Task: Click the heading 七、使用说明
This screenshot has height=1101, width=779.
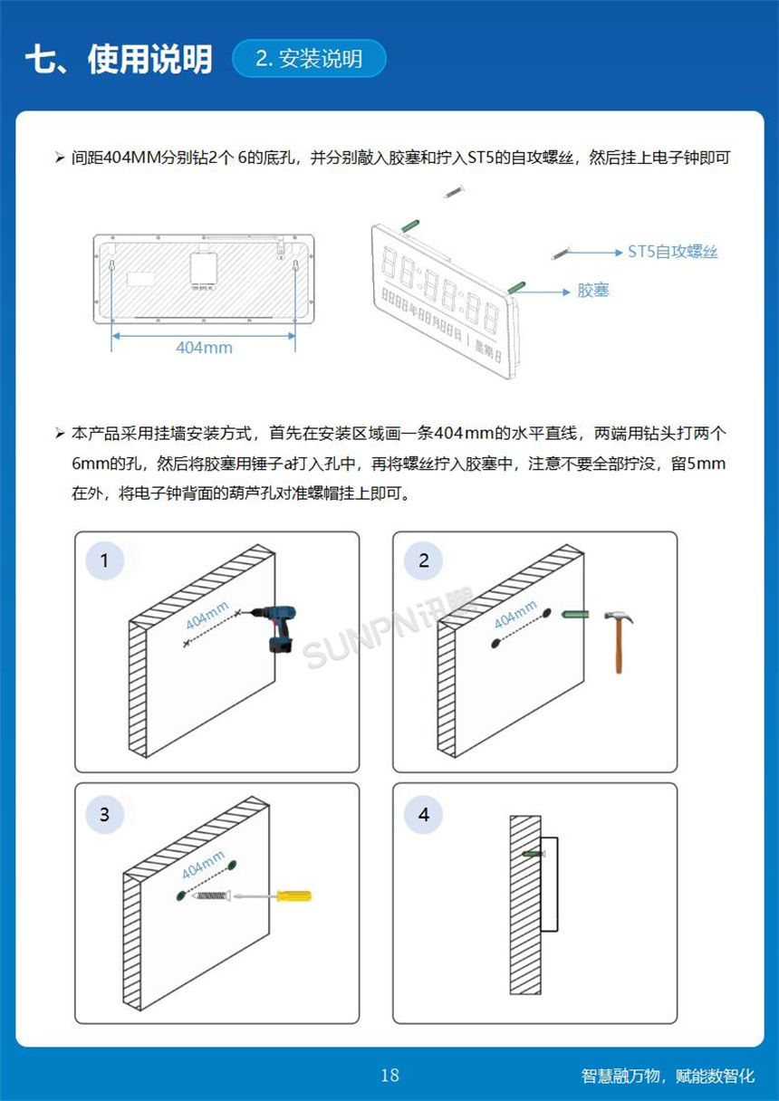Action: (x=119, y=59)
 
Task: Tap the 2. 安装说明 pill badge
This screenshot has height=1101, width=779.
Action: (x=309, y=59)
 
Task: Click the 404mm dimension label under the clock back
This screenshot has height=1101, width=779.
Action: (x=204, y=348)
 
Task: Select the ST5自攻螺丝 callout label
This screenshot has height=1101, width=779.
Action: (x=672, y=253)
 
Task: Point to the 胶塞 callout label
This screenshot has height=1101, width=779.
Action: (x=593, y=291)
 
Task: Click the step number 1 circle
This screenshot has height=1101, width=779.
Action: (x=104, y=560)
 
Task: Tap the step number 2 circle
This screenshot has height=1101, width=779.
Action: (x=424, y=560)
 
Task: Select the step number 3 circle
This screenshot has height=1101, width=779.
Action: (x=104, y=814)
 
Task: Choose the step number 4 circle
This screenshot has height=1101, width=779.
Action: (x=424, y=814)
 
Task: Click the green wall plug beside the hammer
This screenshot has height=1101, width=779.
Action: (x=574, y=615)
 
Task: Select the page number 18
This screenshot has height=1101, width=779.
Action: (x=389, y=1076)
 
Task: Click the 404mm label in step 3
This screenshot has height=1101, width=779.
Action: (x=203, y=865)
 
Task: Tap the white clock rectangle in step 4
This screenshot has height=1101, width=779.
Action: (x=549, y=885)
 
